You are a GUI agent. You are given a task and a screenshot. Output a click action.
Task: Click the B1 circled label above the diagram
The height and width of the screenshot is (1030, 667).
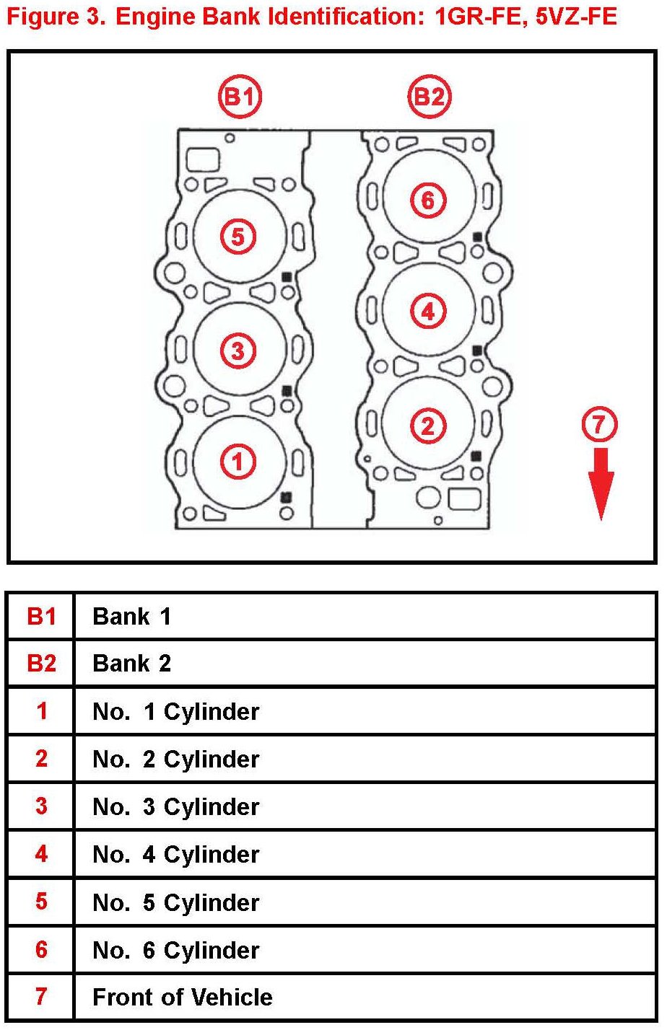240,97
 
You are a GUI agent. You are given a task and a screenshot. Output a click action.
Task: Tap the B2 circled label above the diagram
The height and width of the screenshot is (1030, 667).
430,97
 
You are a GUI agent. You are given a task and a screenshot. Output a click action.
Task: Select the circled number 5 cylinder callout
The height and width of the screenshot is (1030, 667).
238,237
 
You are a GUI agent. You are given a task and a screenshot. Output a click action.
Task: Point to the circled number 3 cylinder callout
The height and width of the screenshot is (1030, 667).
238,351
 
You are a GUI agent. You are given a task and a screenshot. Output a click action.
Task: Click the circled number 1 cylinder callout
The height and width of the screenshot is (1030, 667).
238,461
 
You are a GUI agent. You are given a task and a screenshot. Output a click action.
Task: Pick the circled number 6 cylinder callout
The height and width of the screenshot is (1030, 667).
428,200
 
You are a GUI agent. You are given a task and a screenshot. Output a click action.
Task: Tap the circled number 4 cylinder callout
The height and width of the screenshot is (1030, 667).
428,312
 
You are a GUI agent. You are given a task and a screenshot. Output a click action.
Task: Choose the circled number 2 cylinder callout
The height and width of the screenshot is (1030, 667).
428,426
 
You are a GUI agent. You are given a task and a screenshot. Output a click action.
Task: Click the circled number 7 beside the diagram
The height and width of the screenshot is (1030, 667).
600,425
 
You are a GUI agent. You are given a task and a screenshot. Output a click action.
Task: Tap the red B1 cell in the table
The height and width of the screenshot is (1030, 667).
41,616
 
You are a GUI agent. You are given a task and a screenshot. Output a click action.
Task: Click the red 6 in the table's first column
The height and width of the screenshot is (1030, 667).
41,949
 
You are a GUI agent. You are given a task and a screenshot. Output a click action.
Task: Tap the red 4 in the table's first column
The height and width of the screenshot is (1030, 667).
41,854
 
